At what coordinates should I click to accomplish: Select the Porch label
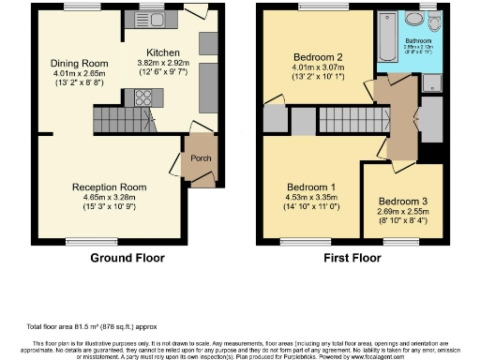pos(201,157)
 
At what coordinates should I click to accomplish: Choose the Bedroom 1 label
pos(313,187)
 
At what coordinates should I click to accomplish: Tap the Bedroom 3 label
pos(403,202)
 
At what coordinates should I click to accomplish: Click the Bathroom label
pos(417,40)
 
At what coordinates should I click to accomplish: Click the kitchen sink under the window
pos(150,19)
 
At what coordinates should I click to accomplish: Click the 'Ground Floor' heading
pos(127,258)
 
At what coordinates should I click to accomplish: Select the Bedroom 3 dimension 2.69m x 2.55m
pos(403,212)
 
